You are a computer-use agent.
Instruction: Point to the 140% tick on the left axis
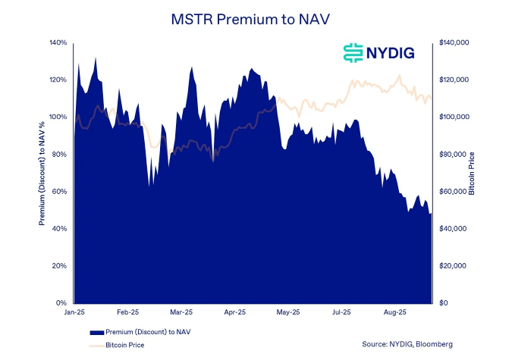[x=58, y=42]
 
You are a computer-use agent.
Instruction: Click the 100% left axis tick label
[x=58, y=117]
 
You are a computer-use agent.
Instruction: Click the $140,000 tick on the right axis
[x=455, y=42]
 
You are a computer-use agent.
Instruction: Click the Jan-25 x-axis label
[x=74, y=311]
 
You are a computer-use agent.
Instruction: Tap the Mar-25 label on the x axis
[x=181, y=311]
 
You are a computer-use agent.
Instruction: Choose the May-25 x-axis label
[x=288, y=311]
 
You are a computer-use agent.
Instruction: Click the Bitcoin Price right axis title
[x=472, y=173]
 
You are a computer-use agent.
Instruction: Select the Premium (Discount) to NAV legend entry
[x=148, y=332]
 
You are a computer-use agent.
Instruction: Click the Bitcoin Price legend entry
[x=125, y=345]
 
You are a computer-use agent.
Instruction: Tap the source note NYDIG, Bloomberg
[x=407, y=344]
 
